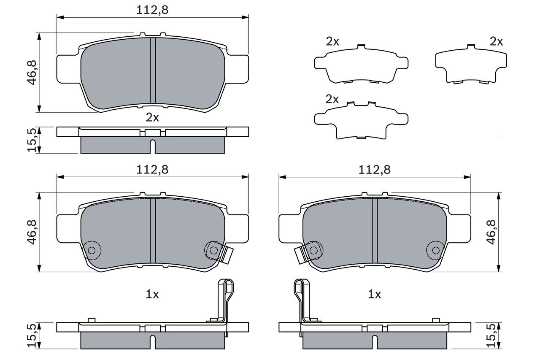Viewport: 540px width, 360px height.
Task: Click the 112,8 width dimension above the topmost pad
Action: (x=152, y=10)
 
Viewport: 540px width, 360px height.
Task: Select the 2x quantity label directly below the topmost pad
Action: (x=152, y=117)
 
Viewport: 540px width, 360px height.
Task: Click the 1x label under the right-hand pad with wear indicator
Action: (x=374, y=294)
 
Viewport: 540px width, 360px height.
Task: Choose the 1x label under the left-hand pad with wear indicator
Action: (x=152, y=294)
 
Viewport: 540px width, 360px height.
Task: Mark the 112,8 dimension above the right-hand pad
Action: (x=374, y=169)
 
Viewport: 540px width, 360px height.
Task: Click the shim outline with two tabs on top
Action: (x=361, y=120)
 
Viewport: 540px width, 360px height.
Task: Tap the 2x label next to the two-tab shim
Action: (x=332, y=99)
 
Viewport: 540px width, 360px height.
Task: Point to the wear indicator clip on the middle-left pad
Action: (x=227, y=254)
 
